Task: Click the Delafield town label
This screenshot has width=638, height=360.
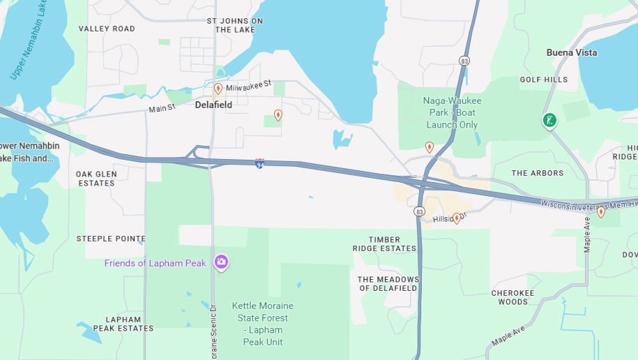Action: pos(213,105)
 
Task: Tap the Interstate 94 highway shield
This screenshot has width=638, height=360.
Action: pos(259,164)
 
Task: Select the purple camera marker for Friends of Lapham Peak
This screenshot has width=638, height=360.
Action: pos(221,262)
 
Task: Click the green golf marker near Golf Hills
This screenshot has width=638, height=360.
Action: pos(549,120)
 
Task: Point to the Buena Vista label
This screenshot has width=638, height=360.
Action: pos(571,53)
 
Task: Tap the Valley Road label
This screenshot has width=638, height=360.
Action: pos(107,29)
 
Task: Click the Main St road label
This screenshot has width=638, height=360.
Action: pos(162,109)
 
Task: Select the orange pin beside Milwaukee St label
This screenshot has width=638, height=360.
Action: pos(218,89)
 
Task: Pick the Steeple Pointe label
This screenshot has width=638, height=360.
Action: pos(111,239)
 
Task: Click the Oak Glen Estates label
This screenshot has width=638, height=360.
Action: pos(96,179)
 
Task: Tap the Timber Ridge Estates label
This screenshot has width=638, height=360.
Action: pos(384,244)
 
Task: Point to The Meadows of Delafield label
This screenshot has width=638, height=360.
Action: pos(388,284)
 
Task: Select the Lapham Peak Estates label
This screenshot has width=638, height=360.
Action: pos(123,324)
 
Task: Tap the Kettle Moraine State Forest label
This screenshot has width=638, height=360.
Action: pos(263,324)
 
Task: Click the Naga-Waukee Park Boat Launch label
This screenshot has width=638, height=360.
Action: pos(452,112)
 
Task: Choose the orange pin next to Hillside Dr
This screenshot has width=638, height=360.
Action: pos(457,218)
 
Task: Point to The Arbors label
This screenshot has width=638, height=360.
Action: pos(537,173)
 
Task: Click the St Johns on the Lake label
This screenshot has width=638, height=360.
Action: pos(235,25)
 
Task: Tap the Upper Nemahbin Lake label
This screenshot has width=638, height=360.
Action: pos(29,42)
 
